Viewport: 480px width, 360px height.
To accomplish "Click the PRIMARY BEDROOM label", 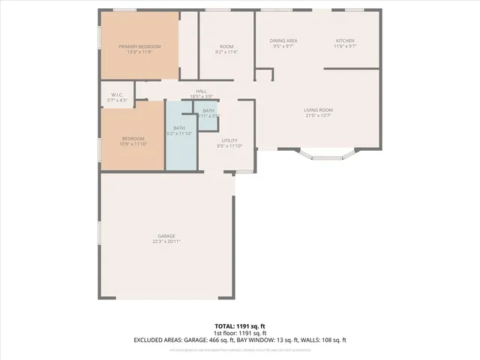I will coord(139,46).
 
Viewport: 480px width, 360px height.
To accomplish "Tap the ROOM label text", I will coord(226,46).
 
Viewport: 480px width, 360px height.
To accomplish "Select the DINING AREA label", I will coord(283,40).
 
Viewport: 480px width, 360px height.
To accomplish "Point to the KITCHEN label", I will coord(345,40).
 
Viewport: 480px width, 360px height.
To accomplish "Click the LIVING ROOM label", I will coord(318,110).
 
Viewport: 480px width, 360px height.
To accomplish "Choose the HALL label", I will coord(202,91).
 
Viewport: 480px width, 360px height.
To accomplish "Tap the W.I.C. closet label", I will coord(117,94).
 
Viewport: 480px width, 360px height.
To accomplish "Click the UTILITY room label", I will coord(229,141).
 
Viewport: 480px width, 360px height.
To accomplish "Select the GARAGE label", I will coord(168,235).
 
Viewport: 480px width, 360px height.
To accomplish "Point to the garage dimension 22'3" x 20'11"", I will coord(168,241).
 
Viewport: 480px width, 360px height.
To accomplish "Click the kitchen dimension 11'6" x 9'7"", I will coord(345,46).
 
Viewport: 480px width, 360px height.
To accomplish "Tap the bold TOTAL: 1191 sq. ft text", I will coord(240,325).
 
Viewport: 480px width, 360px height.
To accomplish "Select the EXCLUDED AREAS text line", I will coord(240,340).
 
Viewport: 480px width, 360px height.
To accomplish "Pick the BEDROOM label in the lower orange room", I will coord(133,138).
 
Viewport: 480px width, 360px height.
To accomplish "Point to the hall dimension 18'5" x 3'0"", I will coord(202,97).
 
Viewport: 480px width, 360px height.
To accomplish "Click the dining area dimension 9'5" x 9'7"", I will coord(283,46).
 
